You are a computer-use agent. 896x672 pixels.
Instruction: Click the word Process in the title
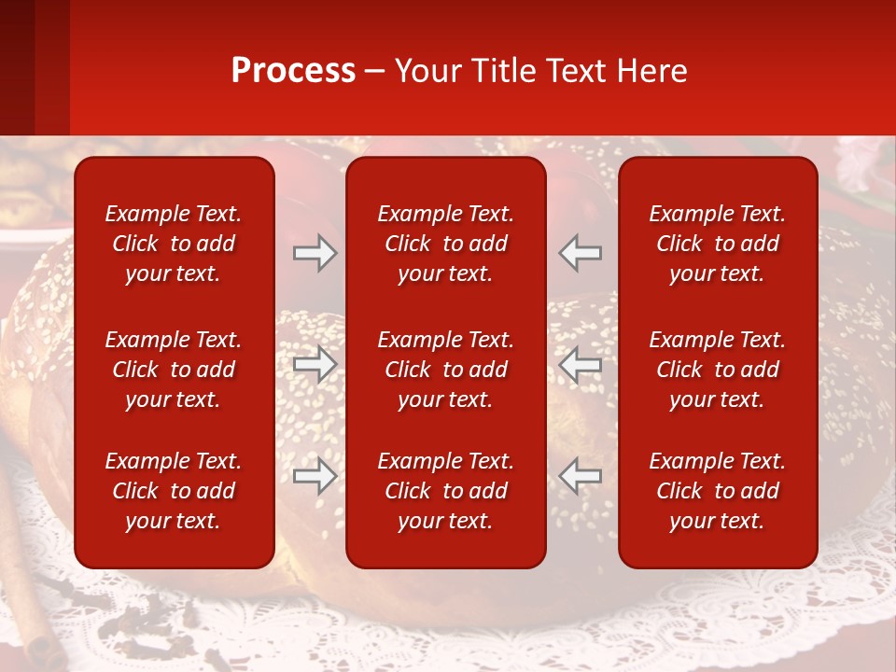293,71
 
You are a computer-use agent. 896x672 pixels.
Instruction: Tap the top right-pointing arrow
315,253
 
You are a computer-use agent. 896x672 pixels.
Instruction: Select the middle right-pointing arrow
315,365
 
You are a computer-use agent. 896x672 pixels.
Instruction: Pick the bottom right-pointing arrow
315,476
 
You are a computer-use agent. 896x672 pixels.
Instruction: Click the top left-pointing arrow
581,253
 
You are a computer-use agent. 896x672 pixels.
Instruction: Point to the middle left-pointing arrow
581,365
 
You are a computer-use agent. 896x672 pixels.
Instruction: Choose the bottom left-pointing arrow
581,476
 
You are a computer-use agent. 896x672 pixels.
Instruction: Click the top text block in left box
174,244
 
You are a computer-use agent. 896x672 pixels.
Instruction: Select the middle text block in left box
174,370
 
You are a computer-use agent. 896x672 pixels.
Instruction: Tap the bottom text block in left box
174,491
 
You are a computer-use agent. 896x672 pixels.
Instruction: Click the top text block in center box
446,244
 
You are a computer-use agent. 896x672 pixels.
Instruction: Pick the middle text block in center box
446,370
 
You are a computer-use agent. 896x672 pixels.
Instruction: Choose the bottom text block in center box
446,491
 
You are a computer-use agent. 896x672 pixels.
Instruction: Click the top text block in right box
718,244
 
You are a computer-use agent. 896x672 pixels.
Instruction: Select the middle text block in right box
718,370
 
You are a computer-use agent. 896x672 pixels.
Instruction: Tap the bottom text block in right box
718,491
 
